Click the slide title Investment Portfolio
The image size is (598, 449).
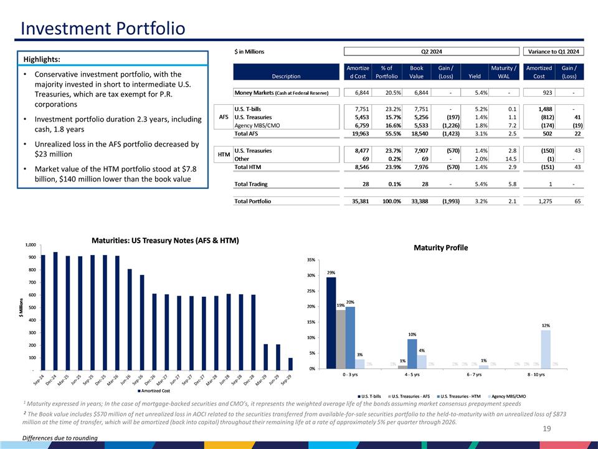click(x=103, y=29)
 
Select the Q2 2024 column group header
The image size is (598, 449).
click(x=431, y=51)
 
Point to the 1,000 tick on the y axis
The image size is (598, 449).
click(x=31, y=245)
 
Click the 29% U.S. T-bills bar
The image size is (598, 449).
click(x=331, y=322)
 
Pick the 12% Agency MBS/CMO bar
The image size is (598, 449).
click(x=546, y=349)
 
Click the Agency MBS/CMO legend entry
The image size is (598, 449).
click(x=509, y=395)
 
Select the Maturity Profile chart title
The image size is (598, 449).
click(x=440, y=248)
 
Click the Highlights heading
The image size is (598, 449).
click(x=42, y=59)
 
